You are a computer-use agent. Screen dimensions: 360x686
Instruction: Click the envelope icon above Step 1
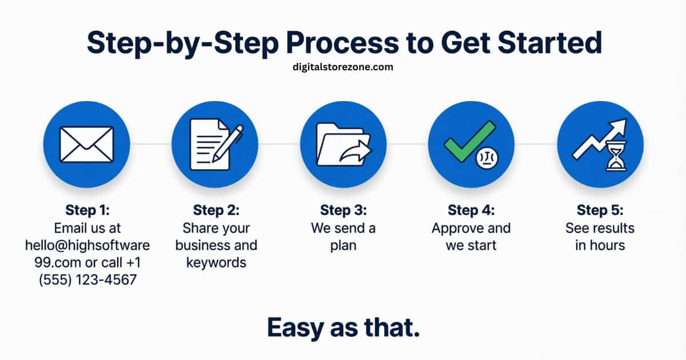[x=87, y=144]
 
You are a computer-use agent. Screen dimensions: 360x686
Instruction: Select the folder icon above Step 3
[x=337, y=144]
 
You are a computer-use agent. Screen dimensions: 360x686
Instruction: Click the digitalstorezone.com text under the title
[x=342, y=67]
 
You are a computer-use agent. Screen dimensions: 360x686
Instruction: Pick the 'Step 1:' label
[x=87, y=210]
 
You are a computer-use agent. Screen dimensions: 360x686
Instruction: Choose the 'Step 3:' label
[x=343, y=210]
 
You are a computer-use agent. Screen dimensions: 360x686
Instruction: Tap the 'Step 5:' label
[x=600, y=210]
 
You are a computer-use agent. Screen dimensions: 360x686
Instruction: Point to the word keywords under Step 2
[x=216, y=263]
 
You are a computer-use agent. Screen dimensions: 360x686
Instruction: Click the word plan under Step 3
[x=343, y=246]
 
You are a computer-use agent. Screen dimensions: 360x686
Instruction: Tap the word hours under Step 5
[x=607, y=246]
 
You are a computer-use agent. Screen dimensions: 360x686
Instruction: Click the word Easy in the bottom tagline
[x=296, y=328]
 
